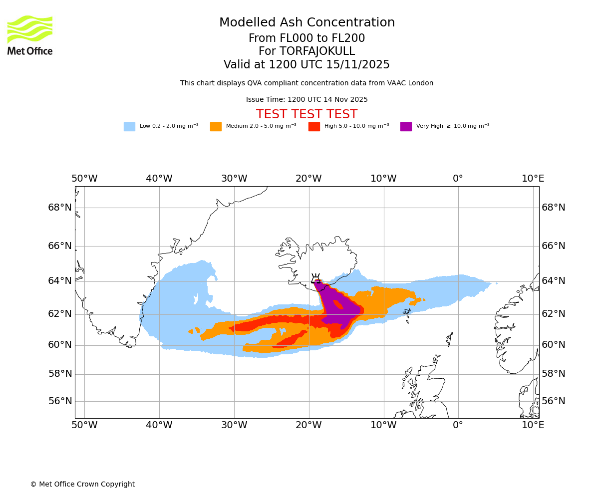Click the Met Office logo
30,35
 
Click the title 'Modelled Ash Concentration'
306,23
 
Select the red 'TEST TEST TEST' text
306,114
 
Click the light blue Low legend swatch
129,126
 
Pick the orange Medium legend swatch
216,126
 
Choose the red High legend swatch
314,126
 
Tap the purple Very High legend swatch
406,126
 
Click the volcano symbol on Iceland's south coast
315,278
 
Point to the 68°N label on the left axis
60,208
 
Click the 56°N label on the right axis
554,401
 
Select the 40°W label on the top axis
159,179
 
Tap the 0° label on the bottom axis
458,425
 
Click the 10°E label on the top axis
533,179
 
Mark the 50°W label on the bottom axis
84,425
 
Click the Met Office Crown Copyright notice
82,484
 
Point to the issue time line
306,100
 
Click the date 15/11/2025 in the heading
358,65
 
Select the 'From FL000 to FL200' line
306,38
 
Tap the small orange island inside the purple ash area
338,304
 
